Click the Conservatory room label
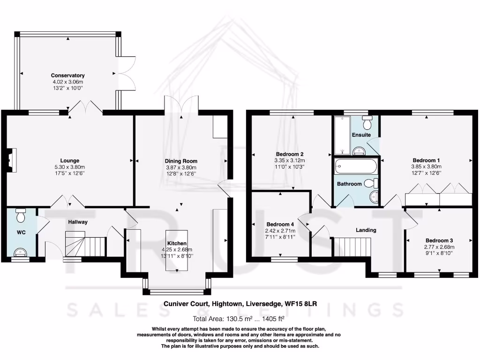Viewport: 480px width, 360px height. tap(68, 75)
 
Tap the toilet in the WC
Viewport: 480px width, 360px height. tap(21, 216)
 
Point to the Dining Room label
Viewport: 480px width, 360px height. tap(181, 161)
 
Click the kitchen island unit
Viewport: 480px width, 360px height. tap(176, 250)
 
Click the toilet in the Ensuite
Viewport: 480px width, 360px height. tap(367, 123)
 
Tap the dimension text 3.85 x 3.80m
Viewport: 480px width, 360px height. tap(427, 166)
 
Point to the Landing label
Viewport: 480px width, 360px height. tap(366, 230)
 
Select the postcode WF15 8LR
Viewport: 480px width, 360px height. tap(301, 304)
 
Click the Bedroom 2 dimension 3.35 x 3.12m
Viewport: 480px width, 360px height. tap(290, 160)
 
